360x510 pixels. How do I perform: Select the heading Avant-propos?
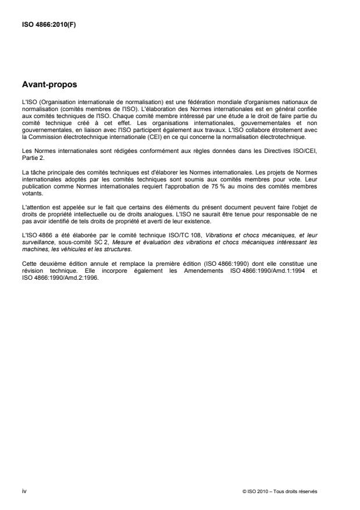[49, 85]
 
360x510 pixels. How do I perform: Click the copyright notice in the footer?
[280, 491]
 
